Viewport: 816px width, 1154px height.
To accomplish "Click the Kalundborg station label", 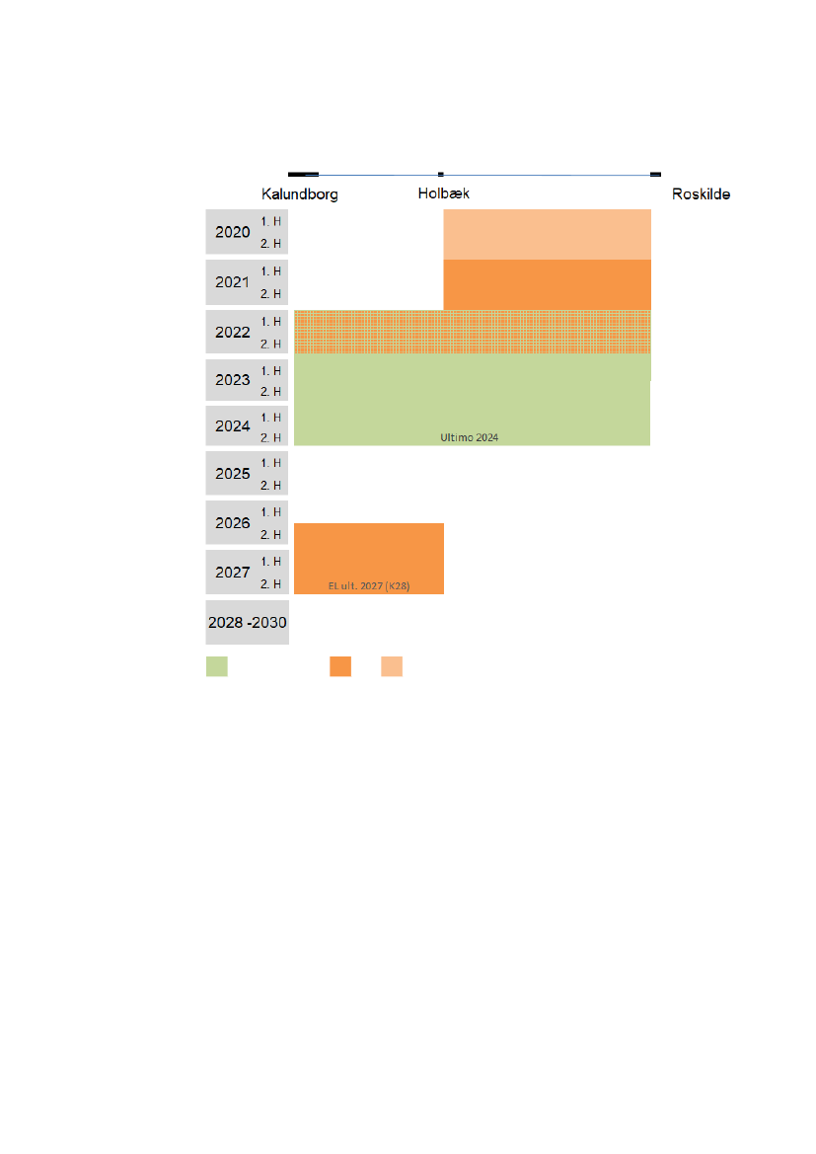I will tap(299, 194).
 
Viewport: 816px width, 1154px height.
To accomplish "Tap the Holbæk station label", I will tap(443, 193).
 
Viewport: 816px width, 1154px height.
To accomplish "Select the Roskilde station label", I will tap(701, 194).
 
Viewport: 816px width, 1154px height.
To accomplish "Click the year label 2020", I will tap(233, 233).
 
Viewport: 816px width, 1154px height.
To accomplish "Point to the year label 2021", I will tap(233, 282).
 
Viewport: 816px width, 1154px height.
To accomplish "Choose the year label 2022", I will tap(233, 333).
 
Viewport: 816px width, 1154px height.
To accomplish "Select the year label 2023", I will tap(233, 380).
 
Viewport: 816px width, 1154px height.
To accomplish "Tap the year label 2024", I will tap(233, 426).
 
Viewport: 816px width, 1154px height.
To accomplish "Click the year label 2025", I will tap(233, 474).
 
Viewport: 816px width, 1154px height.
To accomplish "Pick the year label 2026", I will tap(233, 523).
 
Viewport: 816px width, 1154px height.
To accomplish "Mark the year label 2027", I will tap(233, 573).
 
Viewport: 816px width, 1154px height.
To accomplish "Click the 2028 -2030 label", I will tap(247, 623).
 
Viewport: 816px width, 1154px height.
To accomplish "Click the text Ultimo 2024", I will tap(469, 436).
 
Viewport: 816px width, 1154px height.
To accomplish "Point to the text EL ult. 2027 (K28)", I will tap(368, 585).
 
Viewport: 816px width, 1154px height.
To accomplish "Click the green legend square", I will tap(217, 666).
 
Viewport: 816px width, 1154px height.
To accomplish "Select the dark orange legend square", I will tap(340, 666).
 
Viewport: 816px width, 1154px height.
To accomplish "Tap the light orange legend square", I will tap(392, 666).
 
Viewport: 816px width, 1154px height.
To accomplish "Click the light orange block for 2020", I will tap(547, 234).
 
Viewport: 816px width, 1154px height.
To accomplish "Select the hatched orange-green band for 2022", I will tap(472, 332).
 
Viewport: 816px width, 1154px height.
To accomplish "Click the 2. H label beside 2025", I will tap(270, 486).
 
